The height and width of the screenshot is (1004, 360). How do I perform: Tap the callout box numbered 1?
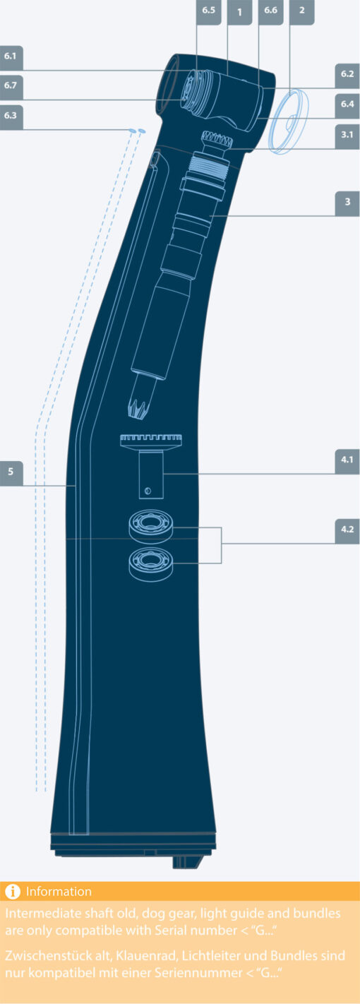pos(239,11)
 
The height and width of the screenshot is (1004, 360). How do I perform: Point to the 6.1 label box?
pos(11,57)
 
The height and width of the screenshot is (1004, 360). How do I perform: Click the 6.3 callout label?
pos(11,116)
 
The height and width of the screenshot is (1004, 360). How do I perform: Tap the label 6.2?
pos(347,75)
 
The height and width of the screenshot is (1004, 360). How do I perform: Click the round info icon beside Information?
pos(13,892)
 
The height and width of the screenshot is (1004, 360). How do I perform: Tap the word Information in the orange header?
pos(59,892)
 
